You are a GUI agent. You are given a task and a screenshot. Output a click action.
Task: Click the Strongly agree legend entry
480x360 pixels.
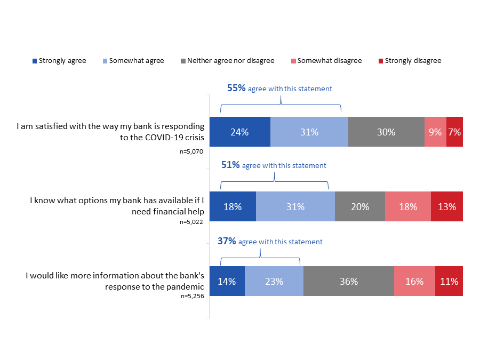point(59,61)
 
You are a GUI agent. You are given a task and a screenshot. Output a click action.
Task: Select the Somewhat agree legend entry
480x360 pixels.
point(134,61)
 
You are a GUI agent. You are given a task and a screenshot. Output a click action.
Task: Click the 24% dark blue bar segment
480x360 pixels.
point(239,132)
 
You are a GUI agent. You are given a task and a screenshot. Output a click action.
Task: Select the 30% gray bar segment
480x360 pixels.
point(386,132)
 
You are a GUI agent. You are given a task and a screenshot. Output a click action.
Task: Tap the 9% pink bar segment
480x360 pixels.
point(435,132)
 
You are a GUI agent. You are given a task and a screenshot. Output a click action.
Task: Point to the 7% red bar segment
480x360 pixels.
point(454,132)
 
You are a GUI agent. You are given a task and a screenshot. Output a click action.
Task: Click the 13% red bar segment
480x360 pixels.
point(446,206)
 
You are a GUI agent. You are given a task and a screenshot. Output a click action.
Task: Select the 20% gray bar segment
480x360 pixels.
point(360,206)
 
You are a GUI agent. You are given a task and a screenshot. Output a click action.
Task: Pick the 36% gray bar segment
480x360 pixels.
point(349,281)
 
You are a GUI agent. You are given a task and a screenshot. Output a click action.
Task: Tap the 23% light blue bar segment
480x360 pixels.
point(274,281)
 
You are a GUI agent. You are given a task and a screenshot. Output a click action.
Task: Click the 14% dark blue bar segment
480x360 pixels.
point(227,281)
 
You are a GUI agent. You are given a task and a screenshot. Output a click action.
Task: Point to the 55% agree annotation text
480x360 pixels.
point(279,89)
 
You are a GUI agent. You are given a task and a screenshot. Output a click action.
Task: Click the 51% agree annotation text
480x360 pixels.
point(274,165)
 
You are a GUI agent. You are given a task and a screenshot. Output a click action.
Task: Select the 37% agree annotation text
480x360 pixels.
point(270,242)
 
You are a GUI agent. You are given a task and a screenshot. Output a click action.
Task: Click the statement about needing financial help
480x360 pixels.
point(117,206)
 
